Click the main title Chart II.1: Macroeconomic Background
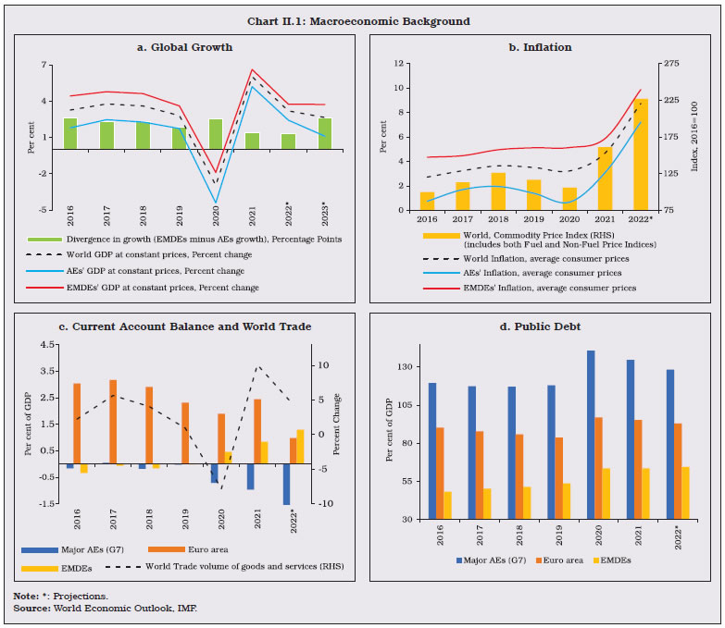pos(362,20)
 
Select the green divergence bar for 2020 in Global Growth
pos(216,134)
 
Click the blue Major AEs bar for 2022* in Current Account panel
pos(287,484)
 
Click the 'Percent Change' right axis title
pos(337,424)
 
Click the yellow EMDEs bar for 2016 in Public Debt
pos(447,505)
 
